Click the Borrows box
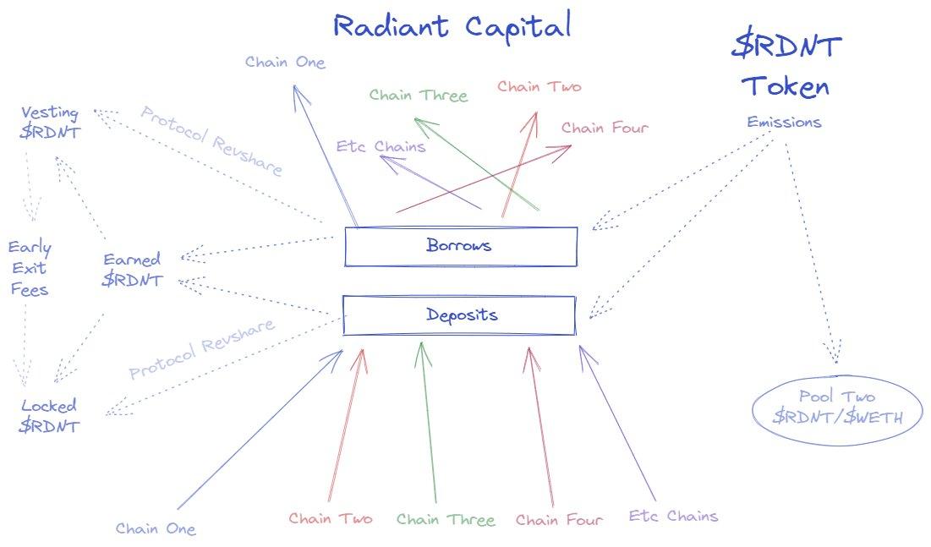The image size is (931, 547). coord(460,246)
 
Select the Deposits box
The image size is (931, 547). coord(460,315)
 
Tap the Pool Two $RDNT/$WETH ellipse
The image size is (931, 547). coord(836,407)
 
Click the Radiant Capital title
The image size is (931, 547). coord(452,26)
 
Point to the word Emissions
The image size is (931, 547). coord(784,123)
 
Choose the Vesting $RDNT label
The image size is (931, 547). coord(51,123)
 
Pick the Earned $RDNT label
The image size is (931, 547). coord(132,270)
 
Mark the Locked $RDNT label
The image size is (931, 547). coord(49,415)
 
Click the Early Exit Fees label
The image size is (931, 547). coord(30,269)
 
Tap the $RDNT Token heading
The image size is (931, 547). coord(786,65)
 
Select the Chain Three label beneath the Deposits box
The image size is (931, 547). coord(445,519)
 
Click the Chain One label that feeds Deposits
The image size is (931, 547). coord(156,529)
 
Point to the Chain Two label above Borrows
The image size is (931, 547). coord(539,86)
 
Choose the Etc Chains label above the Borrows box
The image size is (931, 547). coord(381,147)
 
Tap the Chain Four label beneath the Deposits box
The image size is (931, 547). coord(559,520)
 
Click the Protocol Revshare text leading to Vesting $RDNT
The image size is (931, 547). coord(211,140)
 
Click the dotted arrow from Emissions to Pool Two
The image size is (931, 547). coord(810,254)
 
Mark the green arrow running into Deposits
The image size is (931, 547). coord(430,423)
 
